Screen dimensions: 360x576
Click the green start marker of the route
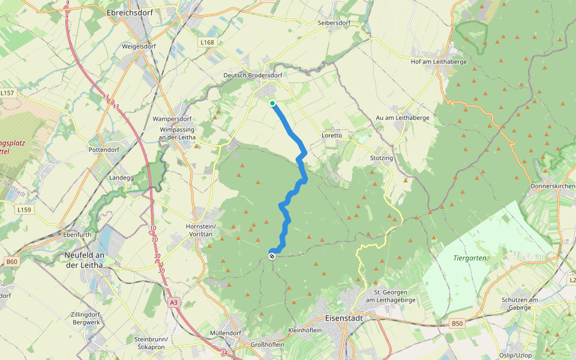[x=272, y=104]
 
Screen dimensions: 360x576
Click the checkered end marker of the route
[x=272, y=256]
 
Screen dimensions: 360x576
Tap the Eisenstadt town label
[x=344, y=319]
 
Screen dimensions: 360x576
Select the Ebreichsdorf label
[x=131, y=12]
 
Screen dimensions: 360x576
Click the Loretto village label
[x=332, y=136]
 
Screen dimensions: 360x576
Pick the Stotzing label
[x=382, y=158]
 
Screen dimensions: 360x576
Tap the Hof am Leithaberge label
[x=439, y=61]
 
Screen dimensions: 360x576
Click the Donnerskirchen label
[x=553, y=186]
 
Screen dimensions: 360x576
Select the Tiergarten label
[x=470, y=258]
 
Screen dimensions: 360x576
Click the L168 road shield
[x=207, y=42]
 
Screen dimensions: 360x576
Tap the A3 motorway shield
[x=174, y=303]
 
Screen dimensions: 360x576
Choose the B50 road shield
[x=457, y=323]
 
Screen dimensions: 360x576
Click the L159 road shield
[x=24, y=209]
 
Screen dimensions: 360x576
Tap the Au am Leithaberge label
[x=403, y=118]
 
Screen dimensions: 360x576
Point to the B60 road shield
[x=11, y=262]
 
